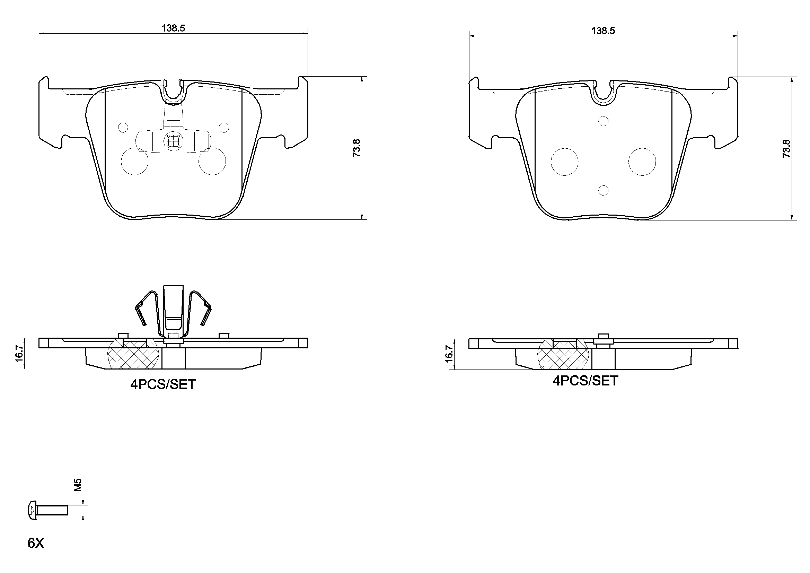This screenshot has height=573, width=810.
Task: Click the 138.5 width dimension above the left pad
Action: point(173,28)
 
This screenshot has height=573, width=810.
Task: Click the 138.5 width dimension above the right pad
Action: point(603,31)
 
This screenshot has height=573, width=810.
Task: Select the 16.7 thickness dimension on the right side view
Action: point(449,354)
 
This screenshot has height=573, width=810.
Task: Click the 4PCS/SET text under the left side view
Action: point(163,384)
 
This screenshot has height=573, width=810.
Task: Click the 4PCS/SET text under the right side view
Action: point(585,381)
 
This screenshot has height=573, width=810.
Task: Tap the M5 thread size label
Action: point(78,485)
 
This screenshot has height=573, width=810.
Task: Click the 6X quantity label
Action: point(36,543)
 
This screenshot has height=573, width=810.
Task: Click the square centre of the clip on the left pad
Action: point(173,141)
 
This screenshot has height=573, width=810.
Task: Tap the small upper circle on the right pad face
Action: point(604,121)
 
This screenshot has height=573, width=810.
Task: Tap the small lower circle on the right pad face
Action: point(604,190)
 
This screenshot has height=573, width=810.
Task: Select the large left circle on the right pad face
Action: point(564,162)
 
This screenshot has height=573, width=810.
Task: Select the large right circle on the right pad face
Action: point(642,162)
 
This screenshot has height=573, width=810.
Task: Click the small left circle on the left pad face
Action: point(123,127)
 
